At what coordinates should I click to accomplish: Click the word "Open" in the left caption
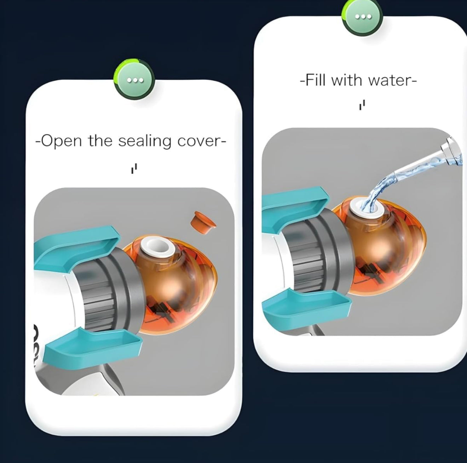[61, 141]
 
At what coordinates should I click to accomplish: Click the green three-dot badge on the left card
[134, 79]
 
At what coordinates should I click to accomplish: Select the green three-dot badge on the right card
[362, 17]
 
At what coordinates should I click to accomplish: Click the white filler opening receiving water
[367, 208]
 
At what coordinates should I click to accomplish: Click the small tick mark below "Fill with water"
[362, 105]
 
